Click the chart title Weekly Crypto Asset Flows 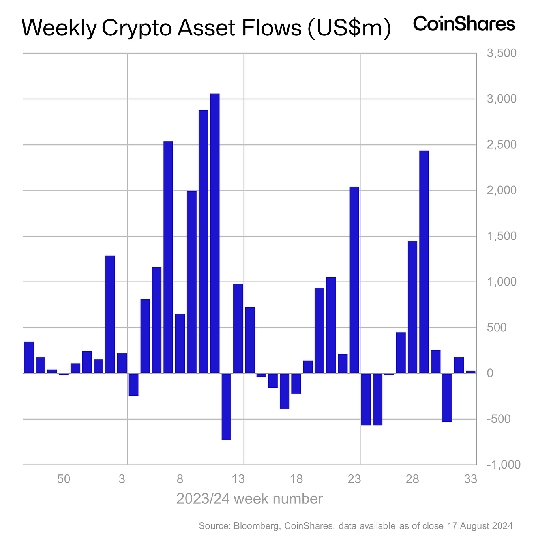pos(205,28)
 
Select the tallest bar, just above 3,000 pos(215,233)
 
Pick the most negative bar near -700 pos(227,406)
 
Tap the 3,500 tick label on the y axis pos(502,53)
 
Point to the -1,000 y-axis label pos(503,465)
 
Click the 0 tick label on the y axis pos(490,373)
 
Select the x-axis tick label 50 pos(64,479)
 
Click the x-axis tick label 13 pos(238,479)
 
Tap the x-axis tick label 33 pos(470,479)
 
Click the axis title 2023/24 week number pos(249,499)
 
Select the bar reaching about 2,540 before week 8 pos(168,257)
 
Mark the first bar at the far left pos(29,357)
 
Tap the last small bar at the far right pos(470,372)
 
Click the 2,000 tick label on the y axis pos(502,191)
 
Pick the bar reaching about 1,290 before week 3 pos(110,314)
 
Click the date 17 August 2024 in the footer pos(480,526)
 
